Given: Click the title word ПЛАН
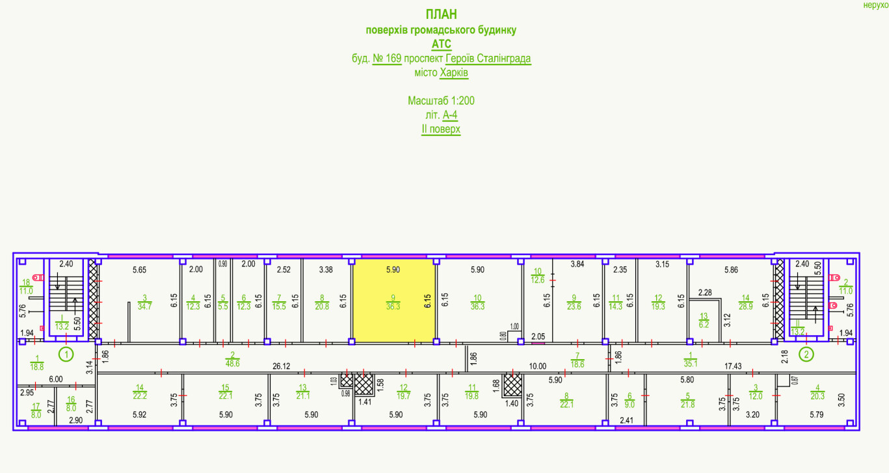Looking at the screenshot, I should tap(442, 14).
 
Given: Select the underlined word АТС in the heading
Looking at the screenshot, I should tap(442, 44).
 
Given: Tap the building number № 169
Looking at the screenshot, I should tap(386, 59).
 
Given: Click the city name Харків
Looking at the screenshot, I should tap(454, 73).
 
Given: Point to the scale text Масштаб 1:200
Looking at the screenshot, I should tap(442, 101).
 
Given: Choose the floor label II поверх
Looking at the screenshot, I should tap(441, 129).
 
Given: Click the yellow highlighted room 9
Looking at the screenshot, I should tap(393, 301).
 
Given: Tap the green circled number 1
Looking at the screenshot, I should tap(65, 355).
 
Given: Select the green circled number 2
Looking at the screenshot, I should tap(806, 355).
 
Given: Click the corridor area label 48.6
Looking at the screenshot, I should tap(232, 363).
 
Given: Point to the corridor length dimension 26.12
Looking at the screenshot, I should tap(282, 366).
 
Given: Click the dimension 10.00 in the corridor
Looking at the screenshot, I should tap(538, 366).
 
